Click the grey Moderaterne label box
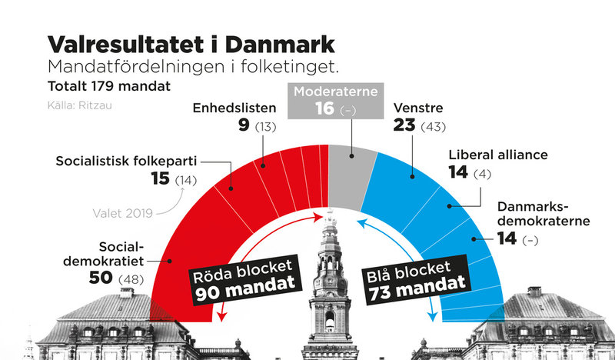point(334,100)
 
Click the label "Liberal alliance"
point(498,155)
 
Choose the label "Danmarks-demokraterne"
point(543,214)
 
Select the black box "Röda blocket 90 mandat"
point(243,279)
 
